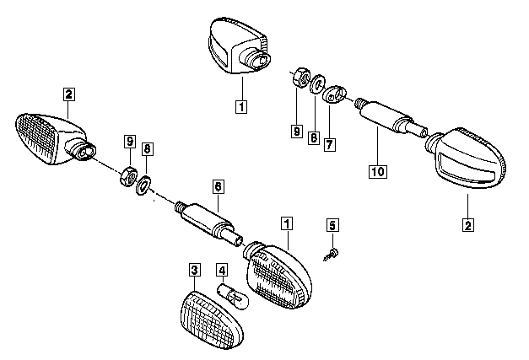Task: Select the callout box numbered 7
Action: coord(329,144)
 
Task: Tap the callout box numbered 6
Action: coord(217,185)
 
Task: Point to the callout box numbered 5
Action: coord(332,225)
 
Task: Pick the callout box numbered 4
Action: coord(222,271)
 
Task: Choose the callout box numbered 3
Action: coord(195,271)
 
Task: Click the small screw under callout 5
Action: coord(334,251)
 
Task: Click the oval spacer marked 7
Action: coord(335,94)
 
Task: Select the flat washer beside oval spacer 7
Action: coord(317,86)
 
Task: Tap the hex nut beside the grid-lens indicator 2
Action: coord(129,175)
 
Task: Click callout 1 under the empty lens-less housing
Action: coord(242,107)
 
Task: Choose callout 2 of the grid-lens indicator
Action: coord(68,94)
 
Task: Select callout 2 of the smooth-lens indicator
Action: coord(467,225)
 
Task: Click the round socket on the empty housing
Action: coord(256,58)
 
